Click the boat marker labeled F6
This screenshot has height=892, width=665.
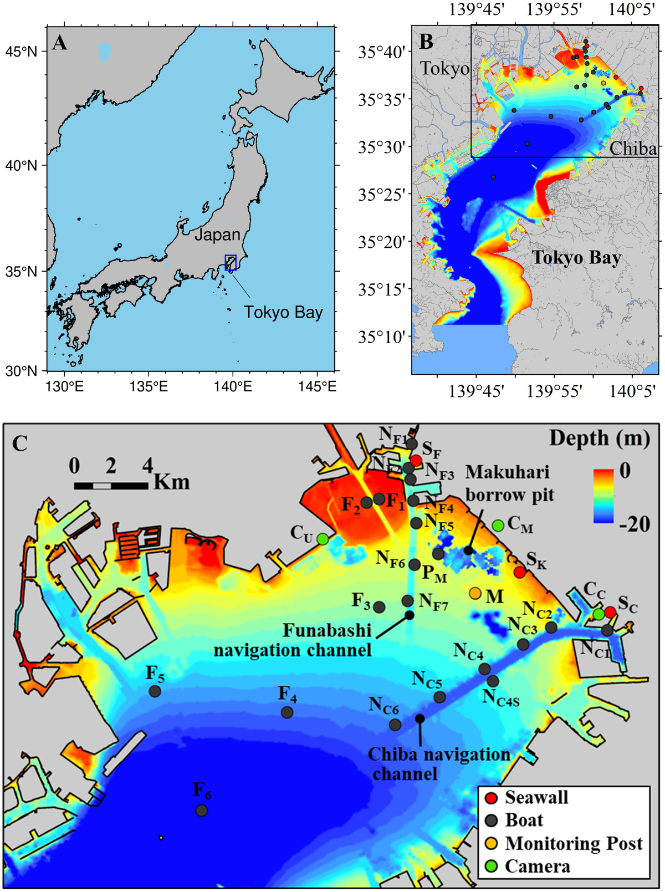coord(202,810)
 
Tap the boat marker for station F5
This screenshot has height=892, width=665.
coord(155,691)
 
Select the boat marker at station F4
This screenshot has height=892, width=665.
coord(287,712)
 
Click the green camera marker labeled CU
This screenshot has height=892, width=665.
coord(323,538)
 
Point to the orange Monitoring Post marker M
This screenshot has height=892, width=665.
coord(475,593)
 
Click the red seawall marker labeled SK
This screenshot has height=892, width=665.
coord(519,572)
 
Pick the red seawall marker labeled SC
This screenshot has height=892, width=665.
coord(610,612)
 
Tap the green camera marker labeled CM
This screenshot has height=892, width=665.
coord(498,524)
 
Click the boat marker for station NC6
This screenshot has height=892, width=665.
coord(395,725)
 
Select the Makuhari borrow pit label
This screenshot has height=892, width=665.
coord(509,483)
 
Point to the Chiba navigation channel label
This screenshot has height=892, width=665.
coord(439,763)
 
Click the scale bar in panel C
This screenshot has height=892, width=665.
coord(111,486)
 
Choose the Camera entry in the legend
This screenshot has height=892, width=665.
coord(537,866)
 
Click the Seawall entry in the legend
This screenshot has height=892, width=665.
coord(536,797)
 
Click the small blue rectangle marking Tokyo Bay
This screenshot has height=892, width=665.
coord(231,262)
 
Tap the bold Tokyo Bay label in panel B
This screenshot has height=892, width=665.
coord(576,258)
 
